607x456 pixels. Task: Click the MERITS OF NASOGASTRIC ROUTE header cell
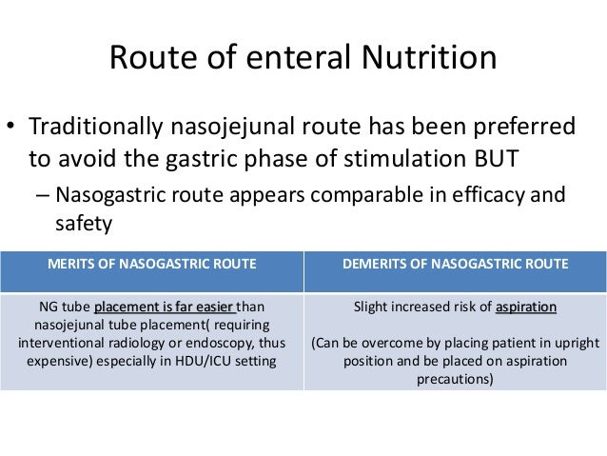152,264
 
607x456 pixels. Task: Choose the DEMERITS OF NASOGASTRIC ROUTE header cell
456,264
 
